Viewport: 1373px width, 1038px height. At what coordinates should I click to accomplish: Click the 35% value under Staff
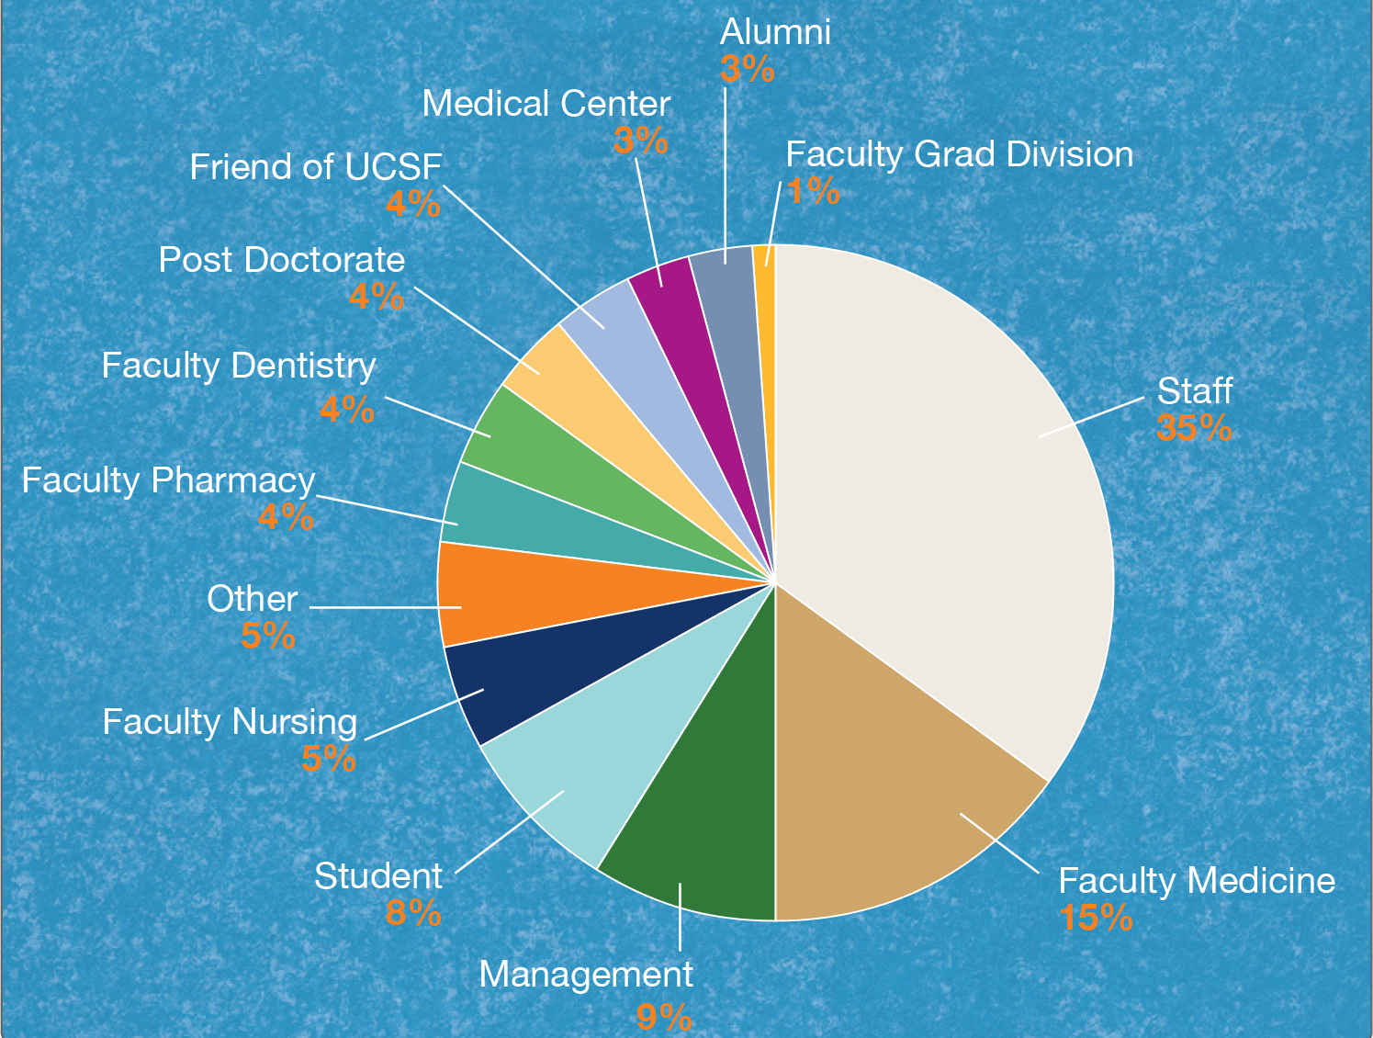coord(1194,428)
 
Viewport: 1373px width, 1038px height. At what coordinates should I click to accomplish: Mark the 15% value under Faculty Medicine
coord(1096,918)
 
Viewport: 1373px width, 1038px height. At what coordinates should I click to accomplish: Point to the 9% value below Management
coord(664,1017)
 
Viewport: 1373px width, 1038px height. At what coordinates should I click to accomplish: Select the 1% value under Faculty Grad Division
coord(813,191)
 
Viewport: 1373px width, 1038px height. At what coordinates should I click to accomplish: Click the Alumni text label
coord(775,32)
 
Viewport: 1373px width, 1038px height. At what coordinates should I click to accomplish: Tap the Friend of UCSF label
coord(316,167)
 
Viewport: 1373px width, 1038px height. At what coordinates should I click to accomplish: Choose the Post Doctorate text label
coord(282,260)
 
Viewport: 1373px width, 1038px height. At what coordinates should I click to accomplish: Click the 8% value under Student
coord(413,913)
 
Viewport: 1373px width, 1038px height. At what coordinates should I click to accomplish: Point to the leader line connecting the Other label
coord(386,607)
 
